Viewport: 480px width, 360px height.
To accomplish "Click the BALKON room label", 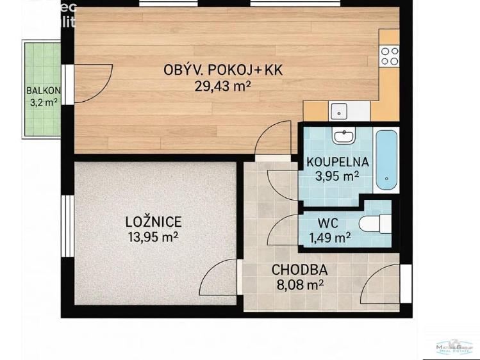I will click(44, 90).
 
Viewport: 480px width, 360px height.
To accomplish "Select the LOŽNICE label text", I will click(153, 222).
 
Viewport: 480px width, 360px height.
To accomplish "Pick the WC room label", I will click(327, 224).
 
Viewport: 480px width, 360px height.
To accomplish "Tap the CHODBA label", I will click(299, 270).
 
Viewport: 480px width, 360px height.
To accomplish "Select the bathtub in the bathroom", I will click(386, 160).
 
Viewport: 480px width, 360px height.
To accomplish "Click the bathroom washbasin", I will click(344, 136).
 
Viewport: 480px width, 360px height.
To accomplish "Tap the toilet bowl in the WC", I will click(373, 224).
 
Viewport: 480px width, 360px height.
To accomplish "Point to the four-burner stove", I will click(390, 56).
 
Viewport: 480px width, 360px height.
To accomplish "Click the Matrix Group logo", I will click(454, 347).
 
